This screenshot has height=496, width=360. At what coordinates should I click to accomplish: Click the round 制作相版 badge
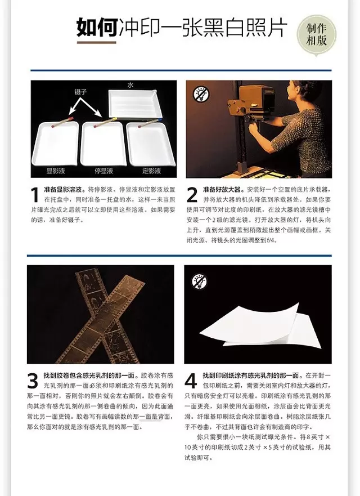316,35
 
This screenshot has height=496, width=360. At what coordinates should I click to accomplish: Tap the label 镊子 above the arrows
80,92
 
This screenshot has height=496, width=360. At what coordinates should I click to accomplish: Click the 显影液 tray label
56,171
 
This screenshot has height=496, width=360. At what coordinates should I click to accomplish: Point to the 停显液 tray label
103,171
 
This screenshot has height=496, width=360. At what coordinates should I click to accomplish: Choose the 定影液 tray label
151,171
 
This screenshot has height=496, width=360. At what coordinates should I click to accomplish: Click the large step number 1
35,195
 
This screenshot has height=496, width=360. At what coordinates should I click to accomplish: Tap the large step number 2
192,195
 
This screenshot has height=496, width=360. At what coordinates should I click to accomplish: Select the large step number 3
33,381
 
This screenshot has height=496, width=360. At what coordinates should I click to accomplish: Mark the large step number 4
191,381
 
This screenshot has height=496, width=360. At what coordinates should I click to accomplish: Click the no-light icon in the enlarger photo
201,94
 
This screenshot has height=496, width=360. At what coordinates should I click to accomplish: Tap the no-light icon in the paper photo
200,281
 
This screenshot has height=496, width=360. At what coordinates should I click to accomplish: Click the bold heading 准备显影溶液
65,190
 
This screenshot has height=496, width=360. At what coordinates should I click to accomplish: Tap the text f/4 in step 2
272,240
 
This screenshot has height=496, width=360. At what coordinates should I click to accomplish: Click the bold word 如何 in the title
97,28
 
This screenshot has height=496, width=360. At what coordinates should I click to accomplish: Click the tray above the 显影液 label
55,144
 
